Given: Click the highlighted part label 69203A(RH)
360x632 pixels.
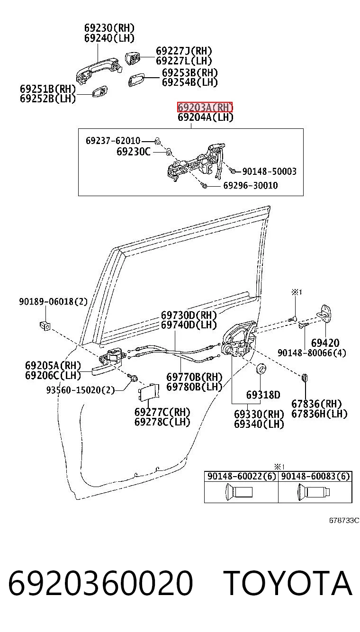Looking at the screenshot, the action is [x=205, y=107].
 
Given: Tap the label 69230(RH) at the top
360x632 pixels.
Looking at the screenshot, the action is [x=109, y=27].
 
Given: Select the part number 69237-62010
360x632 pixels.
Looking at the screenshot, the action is [x=113, y=140].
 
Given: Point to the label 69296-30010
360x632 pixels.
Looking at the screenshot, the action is [x=251, y=185].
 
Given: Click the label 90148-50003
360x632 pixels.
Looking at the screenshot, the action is [x=270, y=171].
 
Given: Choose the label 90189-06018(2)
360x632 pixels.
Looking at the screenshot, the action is [x=54, y=301].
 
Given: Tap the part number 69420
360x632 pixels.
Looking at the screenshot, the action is [x=325, y=343].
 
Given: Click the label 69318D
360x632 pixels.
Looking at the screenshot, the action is [x=263, y=395].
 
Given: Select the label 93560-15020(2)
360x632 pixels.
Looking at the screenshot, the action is [x=81, y=390].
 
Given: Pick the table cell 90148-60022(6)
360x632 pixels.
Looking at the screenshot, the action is [x=241, y=476].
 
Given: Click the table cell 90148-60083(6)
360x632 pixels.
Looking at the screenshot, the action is [x=315, y=476].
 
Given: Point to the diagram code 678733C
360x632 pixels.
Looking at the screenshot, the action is [x=344, y=520].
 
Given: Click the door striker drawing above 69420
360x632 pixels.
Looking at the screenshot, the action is [x=324, y=314].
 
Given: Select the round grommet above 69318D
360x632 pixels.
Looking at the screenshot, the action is [x=261, y=368].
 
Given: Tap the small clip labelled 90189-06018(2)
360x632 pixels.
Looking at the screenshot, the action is [x=45, y=325].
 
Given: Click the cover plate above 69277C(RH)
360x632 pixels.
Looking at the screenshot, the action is [x=149, y=392].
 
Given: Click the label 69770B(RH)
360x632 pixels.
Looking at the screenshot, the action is [x=194, y=377].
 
